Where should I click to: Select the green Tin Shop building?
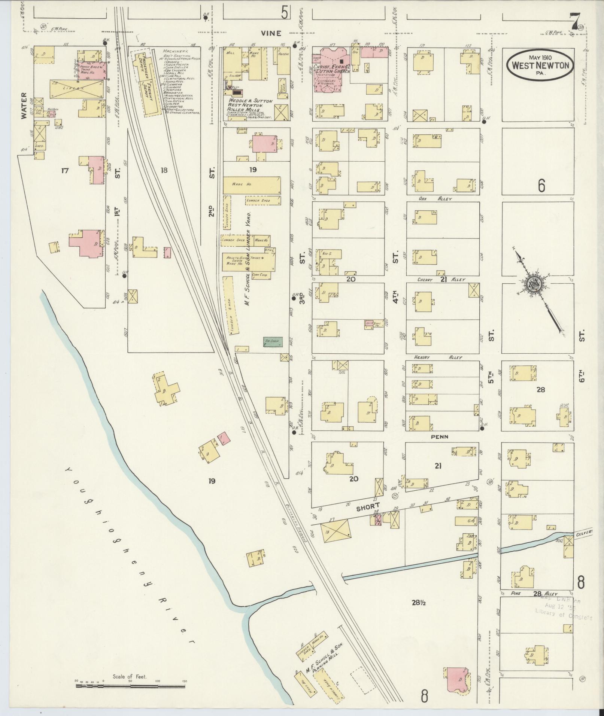point(273,341)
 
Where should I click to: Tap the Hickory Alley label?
point(438,357)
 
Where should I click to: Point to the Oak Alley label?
point(435,199)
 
